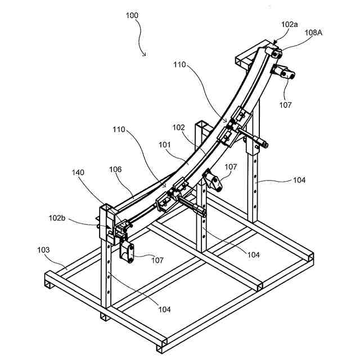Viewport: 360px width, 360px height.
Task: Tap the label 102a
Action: click(x=290, y=25)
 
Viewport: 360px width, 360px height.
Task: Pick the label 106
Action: click(x=116, y=175)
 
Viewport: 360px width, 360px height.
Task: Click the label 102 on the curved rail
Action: click(x=178, y=127)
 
